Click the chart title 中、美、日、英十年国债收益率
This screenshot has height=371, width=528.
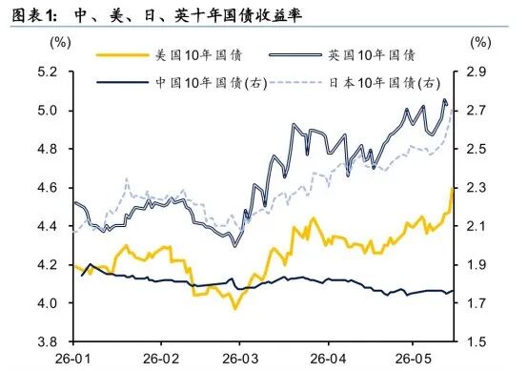(x=188, y=15)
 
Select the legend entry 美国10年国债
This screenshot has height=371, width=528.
(x=170, y=55)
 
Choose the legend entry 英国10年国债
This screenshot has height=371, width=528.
(x=342, y=55)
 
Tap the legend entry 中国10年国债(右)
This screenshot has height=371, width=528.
(x=182, y=83)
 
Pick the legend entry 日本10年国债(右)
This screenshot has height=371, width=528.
(x=355, y=83)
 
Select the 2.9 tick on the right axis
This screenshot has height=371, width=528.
(x=477, y=72)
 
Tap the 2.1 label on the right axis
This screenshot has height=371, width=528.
(x=477, y=226)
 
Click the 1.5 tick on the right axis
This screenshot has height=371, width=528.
(x=477, y=341)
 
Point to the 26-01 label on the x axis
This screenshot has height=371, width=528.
(x=73, y=359)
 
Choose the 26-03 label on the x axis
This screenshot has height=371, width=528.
(x=240, y=359)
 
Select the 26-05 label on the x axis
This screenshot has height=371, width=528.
(x=413, y=359)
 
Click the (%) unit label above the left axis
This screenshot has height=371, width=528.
(x=60, y=43)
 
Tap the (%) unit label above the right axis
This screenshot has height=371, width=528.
(x=480, y=43)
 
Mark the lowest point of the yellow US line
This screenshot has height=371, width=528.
(x=235, y=308)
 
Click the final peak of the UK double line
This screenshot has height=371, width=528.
(x=444, y=100)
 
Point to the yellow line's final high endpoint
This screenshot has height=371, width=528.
(x=453, y=188)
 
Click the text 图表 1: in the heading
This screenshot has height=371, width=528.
(x=34, y=15)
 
